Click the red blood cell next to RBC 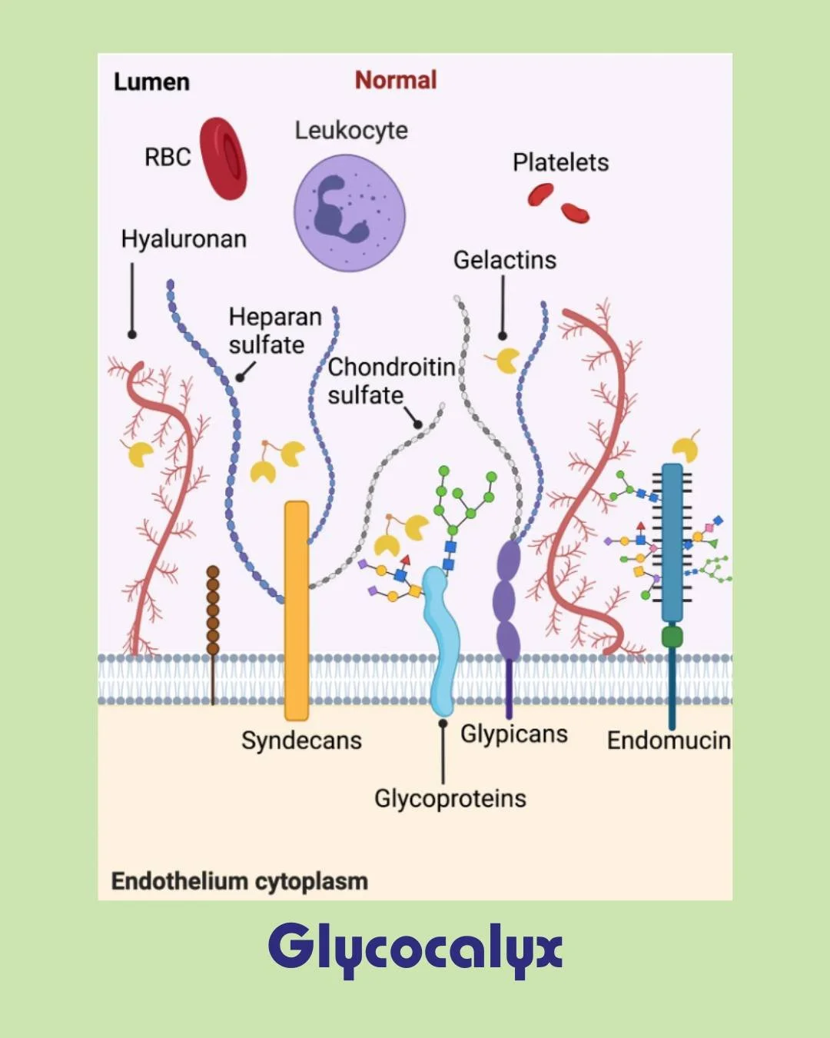pos(224,158)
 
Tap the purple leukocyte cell pos(350,213)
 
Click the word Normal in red pos(396,80)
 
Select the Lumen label pos(151,82)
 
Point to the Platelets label pos(560,162)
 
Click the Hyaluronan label pos(184,239)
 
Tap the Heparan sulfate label pos(274,331)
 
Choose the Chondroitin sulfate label pos(390,381)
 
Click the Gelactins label pos(504,260)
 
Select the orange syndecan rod pos(297,607)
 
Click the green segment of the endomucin pos(672,637)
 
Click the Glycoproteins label pos(450,798)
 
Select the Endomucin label pos(669,740)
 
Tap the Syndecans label pos(301,740)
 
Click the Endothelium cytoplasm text pos(240,881)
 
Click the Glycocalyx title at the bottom pos(415,948)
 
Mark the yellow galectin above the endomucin pos(685,449)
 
